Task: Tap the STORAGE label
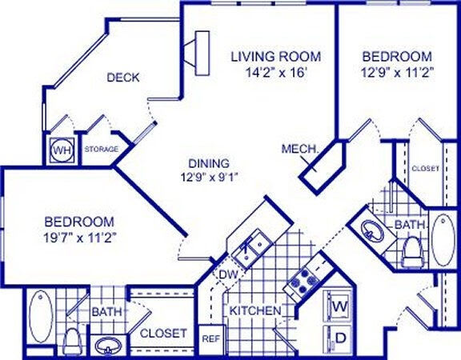coord(102,150)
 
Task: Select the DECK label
coord(123,78)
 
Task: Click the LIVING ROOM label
coord(275,57)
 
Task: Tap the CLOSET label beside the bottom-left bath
coord(163,333)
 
